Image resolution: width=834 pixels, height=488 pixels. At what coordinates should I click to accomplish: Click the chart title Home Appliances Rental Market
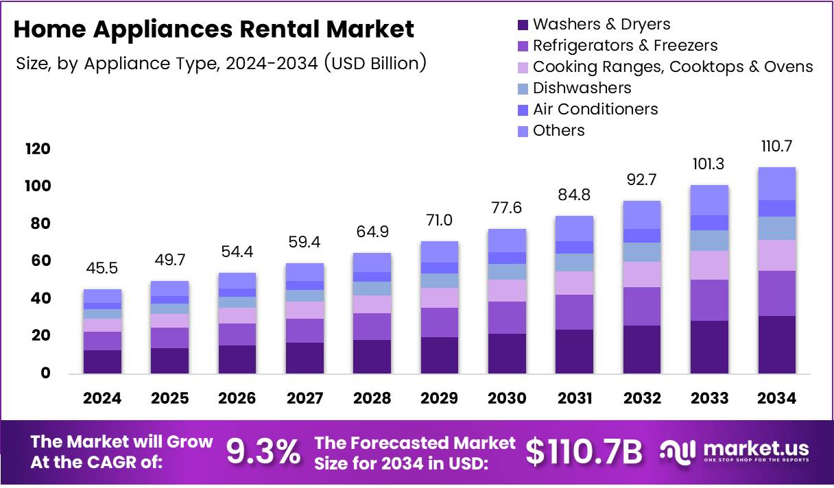pos(214,29)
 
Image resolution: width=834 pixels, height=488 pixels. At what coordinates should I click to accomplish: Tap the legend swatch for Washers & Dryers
pos(523,25)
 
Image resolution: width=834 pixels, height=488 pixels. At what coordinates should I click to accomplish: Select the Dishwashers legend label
pos(582,88)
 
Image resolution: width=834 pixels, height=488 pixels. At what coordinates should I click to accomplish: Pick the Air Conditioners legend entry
pos(595,110)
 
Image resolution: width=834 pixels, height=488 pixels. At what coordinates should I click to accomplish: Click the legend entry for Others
pos(558,131)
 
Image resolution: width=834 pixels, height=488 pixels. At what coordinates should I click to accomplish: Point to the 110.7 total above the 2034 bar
pos(777,147)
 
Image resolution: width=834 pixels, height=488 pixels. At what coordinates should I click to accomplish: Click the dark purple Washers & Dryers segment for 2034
pos(777,344)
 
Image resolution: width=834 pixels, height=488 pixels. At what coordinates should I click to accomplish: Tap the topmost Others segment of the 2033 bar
pos(709,200)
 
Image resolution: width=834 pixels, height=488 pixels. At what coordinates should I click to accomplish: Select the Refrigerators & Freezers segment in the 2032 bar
pos(642,306)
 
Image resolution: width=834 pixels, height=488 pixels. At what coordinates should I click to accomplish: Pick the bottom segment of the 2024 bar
pos(102,361)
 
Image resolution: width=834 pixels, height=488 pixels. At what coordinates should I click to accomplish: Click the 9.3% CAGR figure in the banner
pos(263,452)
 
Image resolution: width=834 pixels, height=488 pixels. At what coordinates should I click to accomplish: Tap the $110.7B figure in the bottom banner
pos(584,452)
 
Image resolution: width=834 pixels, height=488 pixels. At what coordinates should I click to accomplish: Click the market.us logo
pos(735,452)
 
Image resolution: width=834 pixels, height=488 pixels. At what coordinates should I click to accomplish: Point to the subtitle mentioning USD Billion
pos(221,64)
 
